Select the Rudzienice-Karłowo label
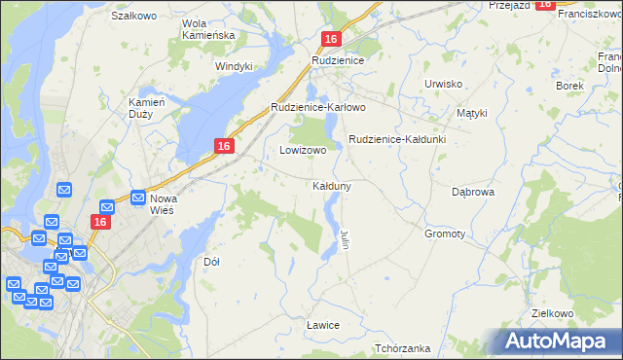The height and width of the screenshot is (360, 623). [317, 107]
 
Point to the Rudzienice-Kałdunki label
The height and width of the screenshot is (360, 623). [397, 139]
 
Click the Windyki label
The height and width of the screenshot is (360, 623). [235, 66]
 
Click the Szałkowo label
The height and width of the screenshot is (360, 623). [134, 16]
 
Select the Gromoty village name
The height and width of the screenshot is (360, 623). [445, 234]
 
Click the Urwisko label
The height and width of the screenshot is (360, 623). [443, 84]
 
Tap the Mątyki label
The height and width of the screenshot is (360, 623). [471, 113]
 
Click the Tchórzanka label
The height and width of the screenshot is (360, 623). [402, 347]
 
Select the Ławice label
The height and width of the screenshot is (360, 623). [322, 324]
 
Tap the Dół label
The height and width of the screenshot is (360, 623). [211, 262]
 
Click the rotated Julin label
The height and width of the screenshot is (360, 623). [345, 238]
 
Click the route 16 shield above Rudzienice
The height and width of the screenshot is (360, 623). [331, 39]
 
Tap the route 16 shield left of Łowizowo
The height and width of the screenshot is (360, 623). [224, 146]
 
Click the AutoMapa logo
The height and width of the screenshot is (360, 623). [556, 342]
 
